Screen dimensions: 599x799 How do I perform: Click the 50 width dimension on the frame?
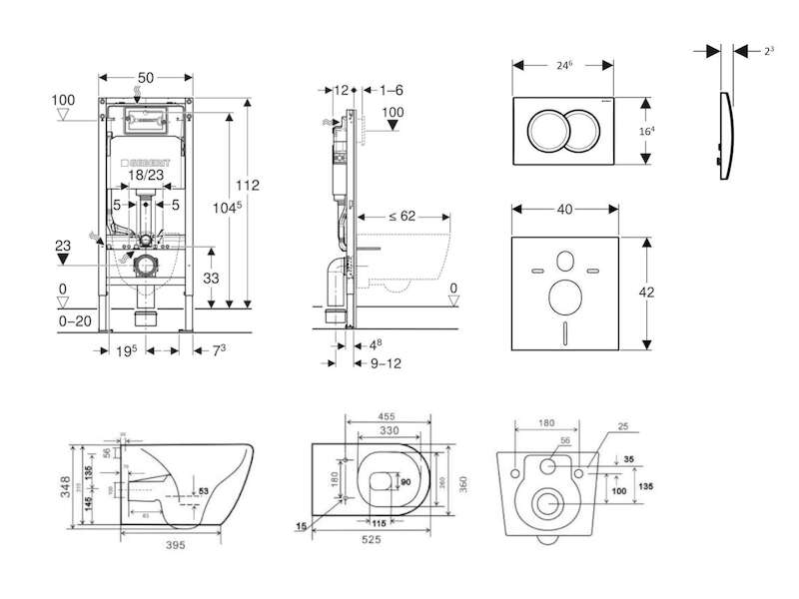coord(147,77)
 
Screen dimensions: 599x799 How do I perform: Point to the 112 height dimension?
coord(248,185)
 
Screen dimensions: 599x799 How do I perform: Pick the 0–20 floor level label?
coord(76,321)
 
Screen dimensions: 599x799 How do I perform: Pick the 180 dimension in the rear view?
coord(545,422)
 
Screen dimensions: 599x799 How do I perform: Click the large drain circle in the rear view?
coord(547,501)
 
